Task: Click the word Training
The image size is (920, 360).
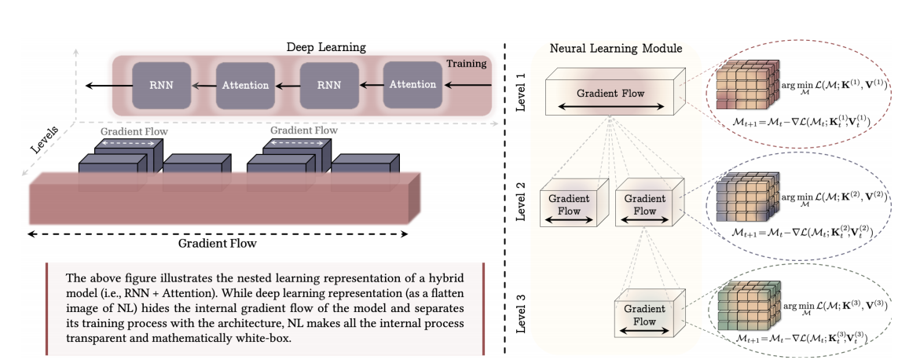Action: click(466, 63)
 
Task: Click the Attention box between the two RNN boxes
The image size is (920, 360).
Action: click(244, 84)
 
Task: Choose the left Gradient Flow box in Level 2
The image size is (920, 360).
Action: click(565, 205)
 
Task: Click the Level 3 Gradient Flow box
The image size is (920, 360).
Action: click(645, 314)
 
